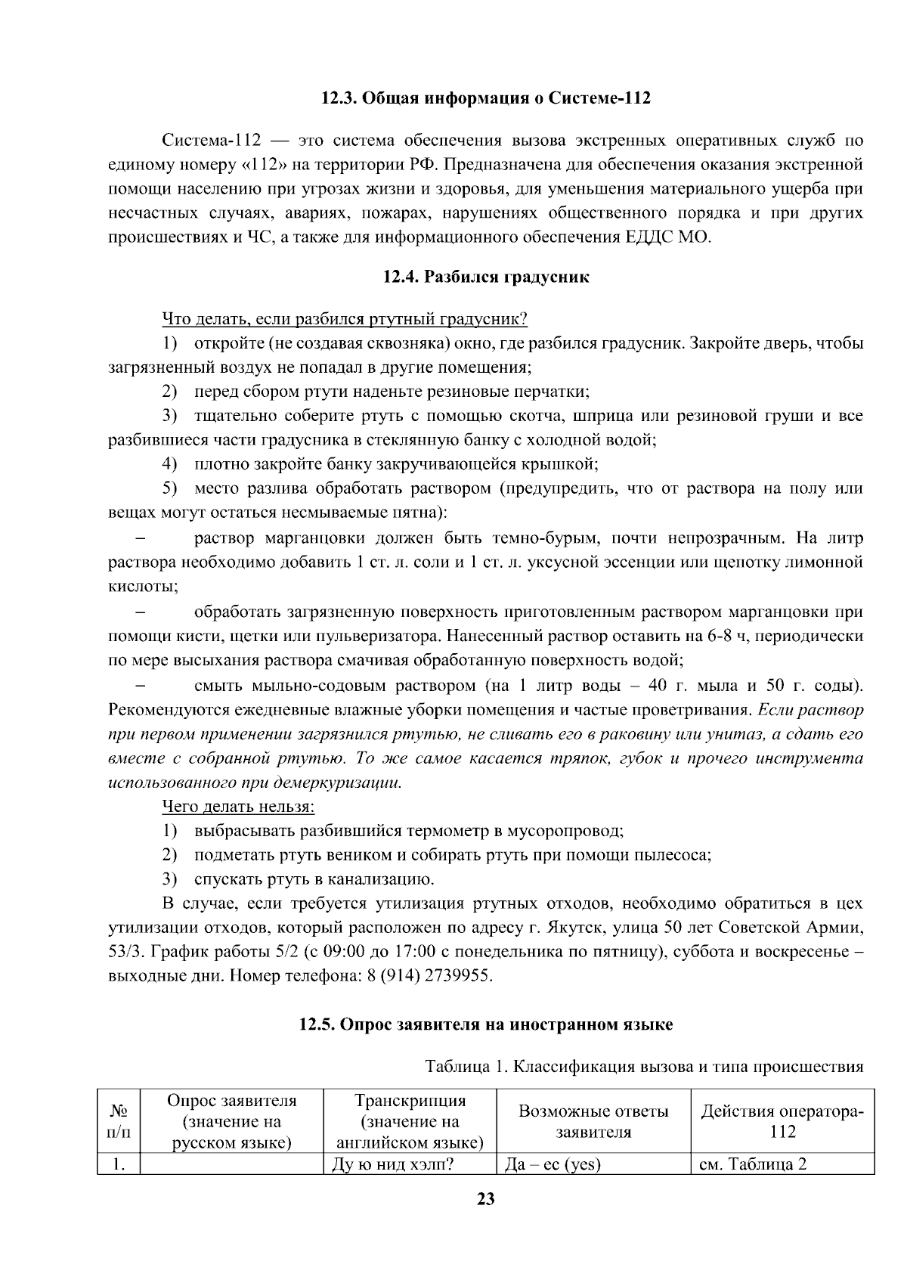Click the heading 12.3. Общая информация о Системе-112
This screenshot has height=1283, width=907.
[485, 99]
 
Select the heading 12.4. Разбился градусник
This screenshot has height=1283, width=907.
[485, 277]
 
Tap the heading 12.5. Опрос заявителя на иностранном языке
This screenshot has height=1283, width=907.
[485, 1025]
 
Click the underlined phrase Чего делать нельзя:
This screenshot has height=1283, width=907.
[238, 807]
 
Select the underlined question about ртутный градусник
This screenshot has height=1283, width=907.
[344, 319]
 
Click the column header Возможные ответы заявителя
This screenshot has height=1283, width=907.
[593, 1122]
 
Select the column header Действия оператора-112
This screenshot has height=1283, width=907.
[782, 1122]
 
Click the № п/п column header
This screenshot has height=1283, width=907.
[119, 1122]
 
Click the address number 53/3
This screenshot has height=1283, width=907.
[125, 952]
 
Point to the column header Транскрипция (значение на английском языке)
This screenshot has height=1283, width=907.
[410, 1122]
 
